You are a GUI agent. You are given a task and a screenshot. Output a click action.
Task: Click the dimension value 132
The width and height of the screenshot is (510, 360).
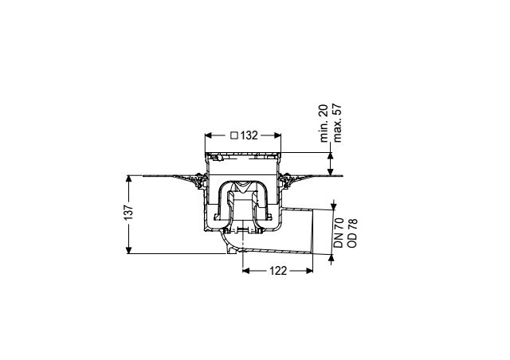pos(249,135)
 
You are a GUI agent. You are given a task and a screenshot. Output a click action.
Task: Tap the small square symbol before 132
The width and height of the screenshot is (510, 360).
pos(234,135)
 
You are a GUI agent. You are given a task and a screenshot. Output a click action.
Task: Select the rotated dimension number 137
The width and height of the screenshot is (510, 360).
pos(129,212)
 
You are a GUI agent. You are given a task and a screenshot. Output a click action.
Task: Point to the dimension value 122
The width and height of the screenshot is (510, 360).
pos(278,271)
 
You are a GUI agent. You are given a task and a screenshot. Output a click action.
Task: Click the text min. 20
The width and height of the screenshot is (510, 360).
pos(324,123)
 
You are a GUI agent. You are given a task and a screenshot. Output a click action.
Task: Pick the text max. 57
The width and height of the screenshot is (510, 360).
pos(337,123)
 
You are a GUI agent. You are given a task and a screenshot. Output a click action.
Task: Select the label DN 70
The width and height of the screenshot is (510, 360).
pos(339,233)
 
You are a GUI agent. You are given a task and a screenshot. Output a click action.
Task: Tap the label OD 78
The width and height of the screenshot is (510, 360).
pos(352,233)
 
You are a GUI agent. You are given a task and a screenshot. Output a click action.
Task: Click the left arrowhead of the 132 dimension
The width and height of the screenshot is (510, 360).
pos(208,135)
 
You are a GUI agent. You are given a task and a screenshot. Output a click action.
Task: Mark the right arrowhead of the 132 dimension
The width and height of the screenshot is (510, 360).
pos(277,135)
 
